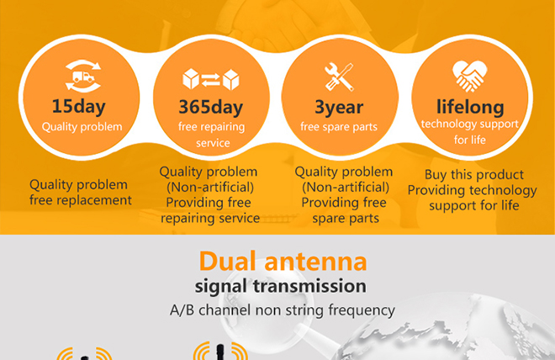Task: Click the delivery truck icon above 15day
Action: (83, 76)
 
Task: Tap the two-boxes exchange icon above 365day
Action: (211, 79)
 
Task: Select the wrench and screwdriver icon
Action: (339, 77)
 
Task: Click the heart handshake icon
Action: (470, 76)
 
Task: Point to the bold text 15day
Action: (78, 106)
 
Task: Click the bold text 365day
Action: (211, 107)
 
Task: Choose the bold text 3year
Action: (339, 107)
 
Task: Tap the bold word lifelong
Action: (470, 107)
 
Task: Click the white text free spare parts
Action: (339, 127)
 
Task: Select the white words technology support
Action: (470, 124)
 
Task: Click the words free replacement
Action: (81, 200)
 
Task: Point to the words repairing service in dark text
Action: (210, 219)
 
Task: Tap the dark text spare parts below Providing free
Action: (346, 219)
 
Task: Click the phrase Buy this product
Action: (474, 174)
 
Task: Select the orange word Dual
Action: (228, 262)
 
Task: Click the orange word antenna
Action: (315, 262)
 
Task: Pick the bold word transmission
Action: (309, 286)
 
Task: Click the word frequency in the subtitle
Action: (362, 310)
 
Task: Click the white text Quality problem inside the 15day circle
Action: (82, 127)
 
